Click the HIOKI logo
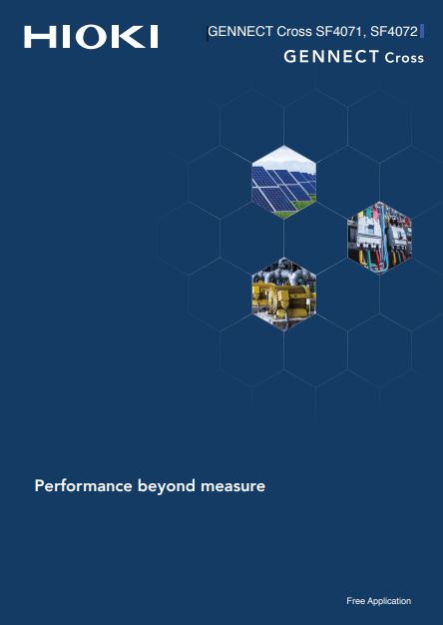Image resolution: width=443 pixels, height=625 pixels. click(x=91, y=37)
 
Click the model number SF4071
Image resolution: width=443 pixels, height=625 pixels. click(x=340, y=32)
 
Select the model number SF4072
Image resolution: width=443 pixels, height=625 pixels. click(x=393, y=32)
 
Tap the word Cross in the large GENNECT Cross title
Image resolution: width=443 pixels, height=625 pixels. click(x=404, y=57)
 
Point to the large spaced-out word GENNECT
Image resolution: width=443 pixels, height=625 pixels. click(x=330, y=57)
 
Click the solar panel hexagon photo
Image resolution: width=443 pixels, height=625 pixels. click(x=284, y=182)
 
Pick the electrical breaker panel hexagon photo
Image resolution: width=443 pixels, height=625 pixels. click(x=380, y=238)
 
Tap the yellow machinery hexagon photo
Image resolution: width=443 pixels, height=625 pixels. click(x=284, y=295)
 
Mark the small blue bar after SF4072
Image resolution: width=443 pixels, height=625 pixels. click(x=422, y=32)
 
